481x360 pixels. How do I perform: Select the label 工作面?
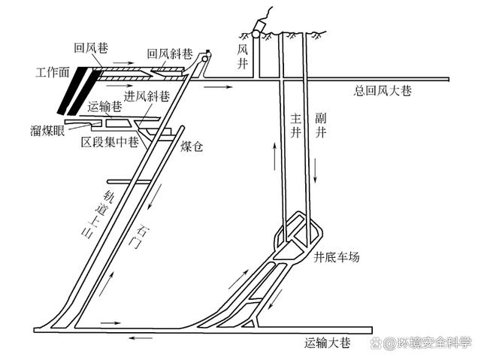click(x=53, y=74)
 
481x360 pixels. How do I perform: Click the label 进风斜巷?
click(x=147, y=97)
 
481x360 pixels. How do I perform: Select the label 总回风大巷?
click(x=383, y=91)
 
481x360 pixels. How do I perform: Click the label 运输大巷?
click(x=327, y=343)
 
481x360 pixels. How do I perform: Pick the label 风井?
click(x=242, y=53)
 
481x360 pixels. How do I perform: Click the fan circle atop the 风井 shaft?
click(x=258, y=34)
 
